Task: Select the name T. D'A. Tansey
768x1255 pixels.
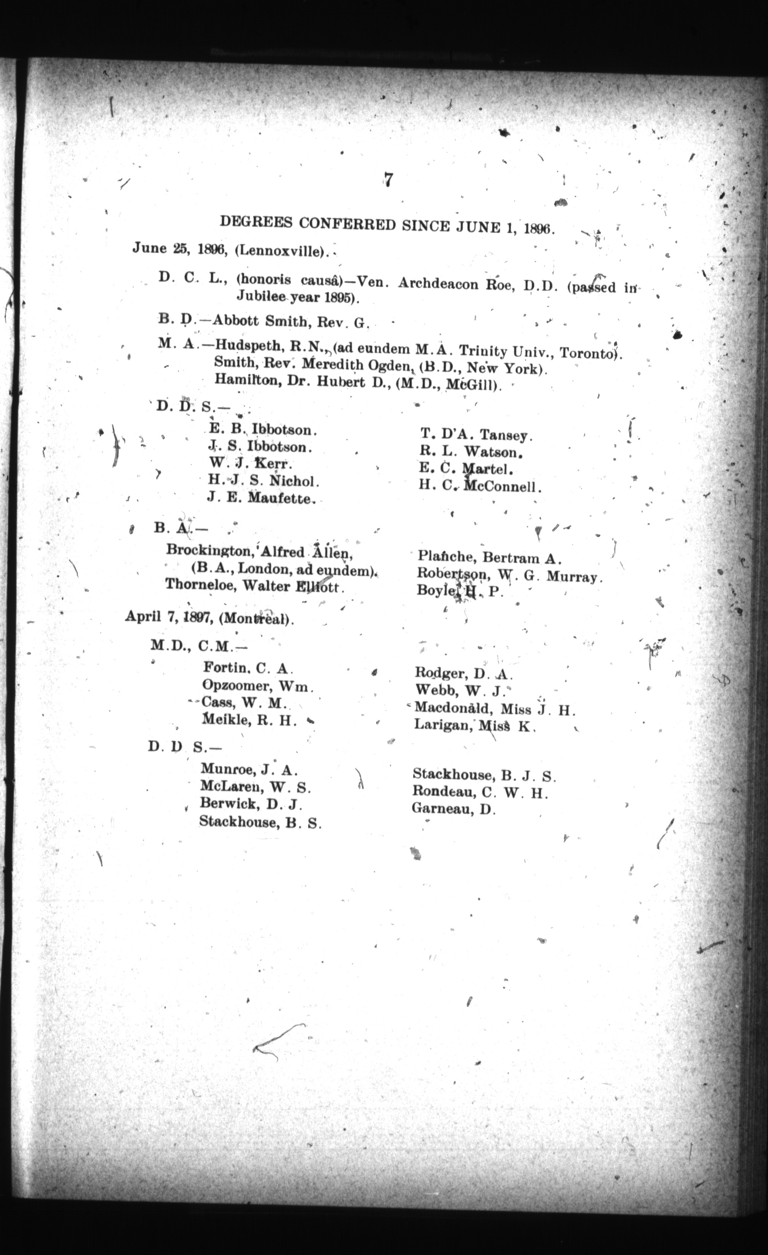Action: [476, 435]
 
